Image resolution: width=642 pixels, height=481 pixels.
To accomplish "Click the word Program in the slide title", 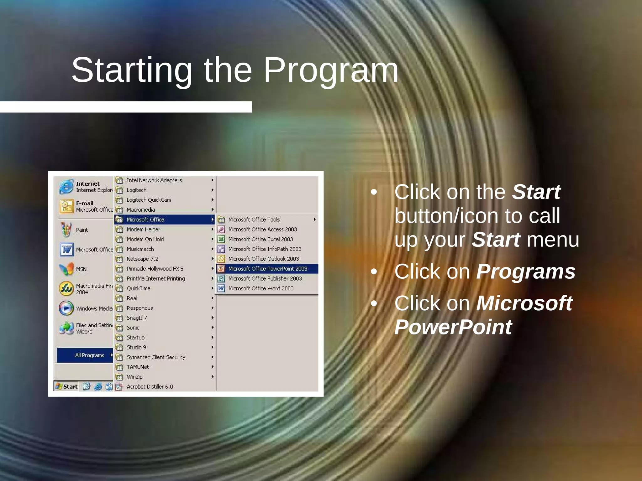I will coord(331,70).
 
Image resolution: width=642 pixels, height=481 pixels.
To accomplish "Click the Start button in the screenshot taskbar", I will coord(66,386).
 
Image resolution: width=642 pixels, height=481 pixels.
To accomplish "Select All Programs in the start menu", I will coord(89,355).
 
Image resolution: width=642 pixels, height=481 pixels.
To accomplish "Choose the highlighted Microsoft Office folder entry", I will coord(145,220).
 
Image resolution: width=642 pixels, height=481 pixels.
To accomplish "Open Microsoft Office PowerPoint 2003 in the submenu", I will coord(267,269).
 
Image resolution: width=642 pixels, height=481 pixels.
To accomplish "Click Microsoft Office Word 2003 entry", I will coord(260,288).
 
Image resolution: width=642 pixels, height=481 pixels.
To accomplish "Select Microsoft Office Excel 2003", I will coord(260,239).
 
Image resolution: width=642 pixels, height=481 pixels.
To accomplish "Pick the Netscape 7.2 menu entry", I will coord(142,259).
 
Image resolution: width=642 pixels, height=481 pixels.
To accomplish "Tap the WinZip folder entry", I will coord(134,377).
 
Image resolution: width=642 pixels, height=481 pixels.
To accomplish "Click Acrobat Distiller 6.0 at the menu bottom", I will coord(150,386).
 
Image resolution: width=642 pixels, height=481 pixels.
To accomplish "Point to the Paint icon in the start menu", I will coord(66,230).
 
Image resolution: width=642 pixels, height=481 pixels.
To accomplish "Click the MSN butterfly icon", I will coord(66,269).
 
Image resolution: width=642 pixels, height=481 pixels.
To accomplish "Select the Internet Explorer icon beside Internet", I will coord(66,187).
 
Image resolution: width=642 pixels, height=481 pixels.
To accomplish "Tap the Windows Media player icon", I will coord(66,308).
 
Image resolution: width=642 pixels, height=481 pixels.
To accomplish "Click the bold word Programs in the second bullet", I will coord(526,272).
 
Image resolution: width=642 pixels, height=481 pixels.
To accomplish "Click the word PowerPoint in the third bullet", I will coord(453,327).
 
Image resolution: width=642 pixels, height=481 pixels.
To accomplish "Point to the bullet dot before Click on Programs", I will coord(374,272).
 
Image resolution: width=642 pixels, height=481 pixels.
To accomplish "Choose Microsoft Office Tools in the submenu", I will coord(254,220).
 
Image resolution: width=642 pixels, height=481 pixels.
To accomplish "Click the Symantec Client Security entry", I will coord(155,357).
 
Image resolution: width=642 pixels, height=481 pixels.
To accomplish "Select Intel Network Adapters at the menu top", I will coord(154,180).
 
